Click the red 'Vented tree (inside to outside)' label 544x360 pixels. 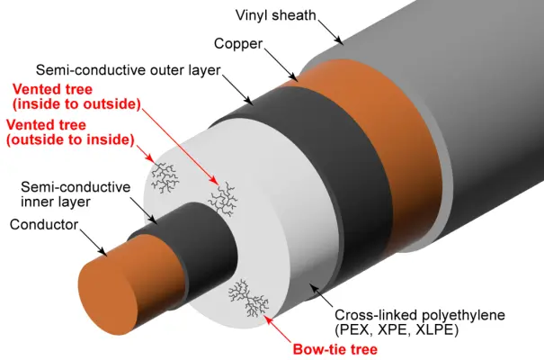click(x=76, y=97)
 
